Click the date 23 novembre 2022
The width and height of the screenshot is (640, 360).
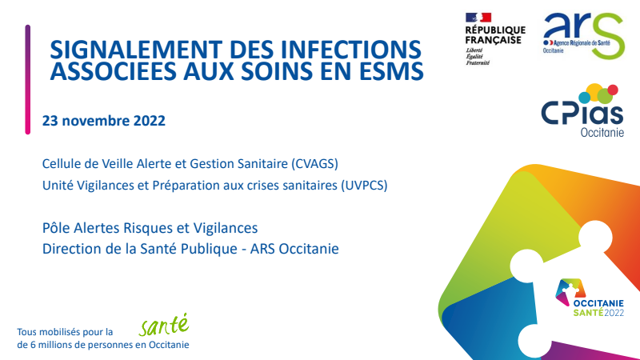[104, 121]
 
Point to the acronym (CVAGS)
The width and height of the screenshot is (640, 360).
[314, 164]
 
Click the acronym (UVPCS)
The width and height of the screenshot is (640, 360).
[364, 186]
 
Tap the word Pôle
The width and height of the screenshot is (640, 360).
[56, 228]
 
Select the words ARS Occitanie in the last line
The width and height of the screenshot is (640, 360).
[294, 249]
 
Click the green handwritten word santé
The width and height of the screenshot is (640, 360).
[164, 325]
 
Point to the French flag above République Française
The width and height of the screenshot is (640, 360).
[478, 18]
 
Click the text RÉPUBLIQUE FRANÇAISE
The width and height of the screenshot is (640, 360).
[495, 35]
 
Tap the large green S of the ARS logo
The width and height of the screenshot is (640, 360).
[608, 36]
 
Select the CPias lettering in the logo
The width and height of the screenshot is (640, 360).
[582, 113]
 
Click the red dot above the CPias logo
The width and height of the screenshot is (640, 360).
[613, 90]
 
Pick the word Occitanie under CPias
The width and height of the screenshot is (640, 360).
[602, 133]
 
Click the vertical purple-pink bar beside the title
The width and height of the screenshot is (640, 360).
[28, 79]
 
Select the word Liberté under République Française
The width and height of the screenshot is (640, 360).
[474, 50]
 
